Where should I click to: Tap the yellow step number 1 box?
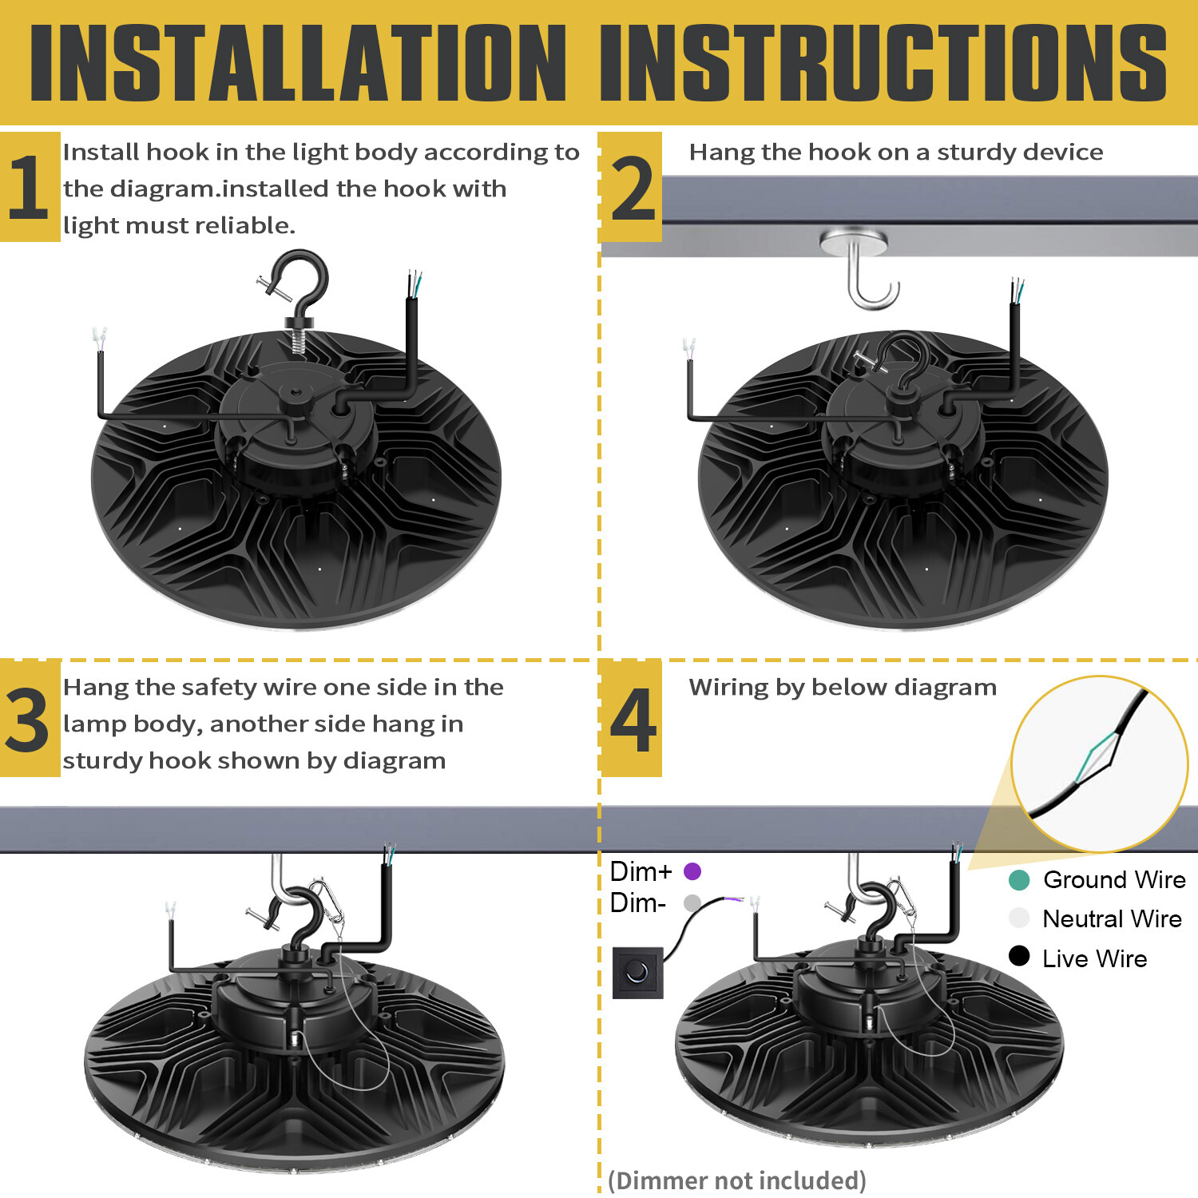coord(30,187)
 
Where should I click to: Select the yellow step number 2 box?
coord(631,187)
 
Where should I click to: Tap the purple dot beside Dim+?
coord(692,871)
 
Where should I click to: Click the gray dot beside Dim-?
coord(692,902)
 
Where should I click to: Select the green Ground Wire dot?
coord(1019,879)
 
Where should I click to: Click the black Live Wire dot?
coord(1019,956)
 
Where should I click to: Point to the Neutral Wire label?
coord(1112,918)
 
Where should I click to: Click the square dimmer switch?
coord(637,972)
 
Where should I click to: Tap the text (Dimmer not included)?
coord(736,1180)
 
